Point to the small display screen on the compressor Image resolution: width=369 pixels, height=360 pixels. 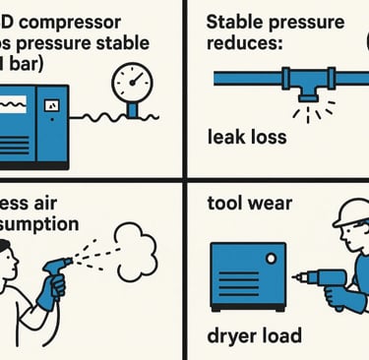pyautogui.click(x=51, y=103)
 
